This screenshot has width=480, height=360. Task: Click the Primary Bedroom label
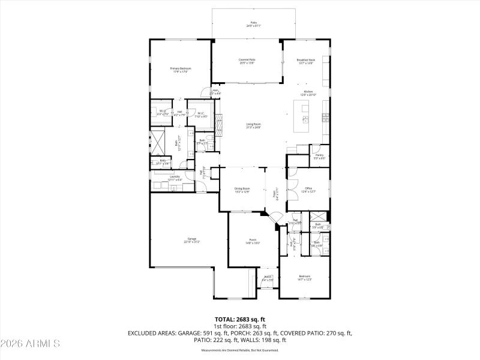click(181, 68)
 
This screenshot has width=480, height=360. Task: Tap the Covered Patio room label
click(247, 60)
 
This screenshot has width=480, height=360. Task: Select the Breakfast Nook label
click(306, 60)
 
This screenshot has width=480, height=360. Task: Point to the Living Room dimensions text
click(253, 127)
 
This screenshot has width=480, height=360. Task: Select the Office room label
click(308, 188)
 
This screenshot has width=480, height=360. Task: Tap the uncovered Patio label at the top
click(253, 23)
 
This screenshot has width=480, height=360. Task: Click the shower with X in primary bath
click(158, 142)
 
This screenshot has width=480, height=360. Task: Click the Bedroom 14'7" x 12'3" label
click(305, 277)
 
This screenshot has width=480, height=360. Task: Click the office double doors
click(290, 193)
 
